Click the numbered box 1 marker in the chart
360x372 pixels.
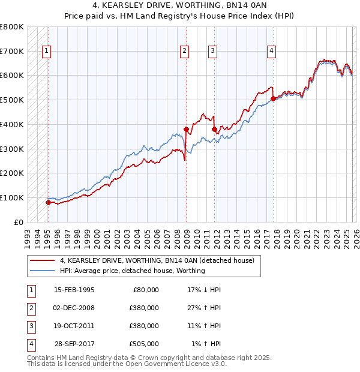click(47, 52)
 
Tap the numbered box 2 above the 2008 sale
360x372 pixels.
click(185, 52)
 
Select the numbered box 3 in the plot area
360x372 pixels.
click(212, 52)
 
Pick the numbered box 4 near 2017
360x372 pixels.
click(272, 52)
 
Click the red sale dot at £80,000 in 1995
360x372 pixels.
click(48, 202)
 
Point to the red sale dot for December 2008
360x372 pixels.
click(186, 129)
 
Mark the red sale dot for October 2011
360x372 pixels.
click(214, 129)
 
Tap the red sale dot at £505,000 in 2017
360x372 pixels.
click(273, 98)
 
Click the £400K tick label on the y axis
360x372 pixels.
click(12, 124)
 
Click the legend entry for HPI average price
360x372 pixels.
click(132, 271)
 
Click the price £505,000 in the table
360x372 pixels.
click(143, 344)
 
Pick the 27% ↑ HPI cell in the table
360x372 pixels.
click(204, 308)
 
